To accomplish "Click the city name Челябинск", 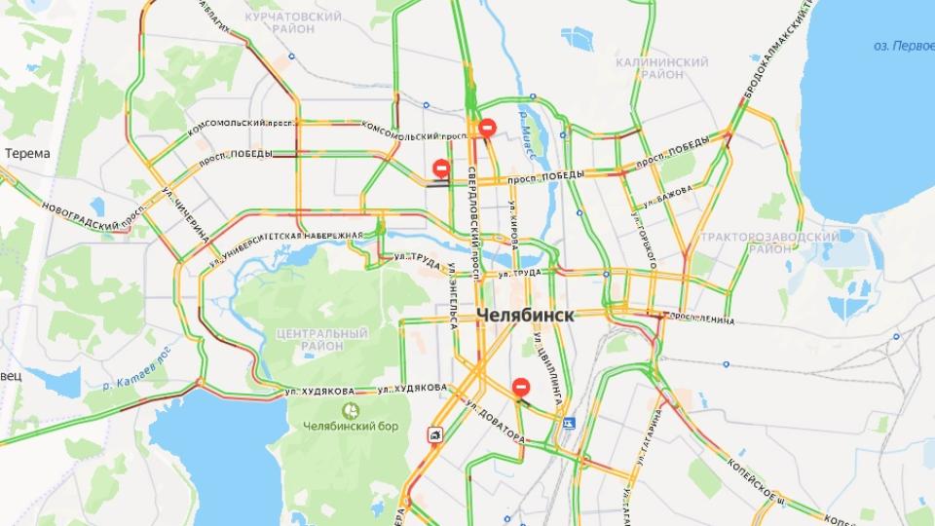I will pos(526,316).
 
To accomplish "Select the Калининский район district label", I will pos(662,68).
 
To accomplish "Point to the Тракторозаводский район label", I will pos(770,243).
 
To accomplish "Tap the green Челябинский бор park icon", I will pos(354,410).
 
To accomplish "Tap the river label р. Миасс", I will pos(526,127).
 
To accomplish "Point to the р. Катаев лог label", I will pos(136,365).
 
